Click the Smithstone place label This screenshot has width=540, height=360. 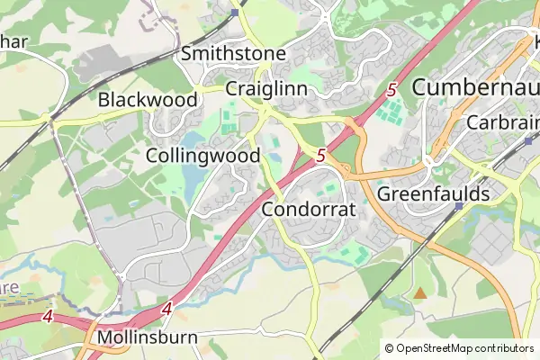coord(233,54)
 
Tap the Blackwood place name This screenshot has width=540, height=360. coord(148,99)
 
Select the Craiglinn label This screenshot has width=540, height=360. coord(266,89)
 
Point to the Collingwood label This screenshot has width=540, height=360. coord(202,156)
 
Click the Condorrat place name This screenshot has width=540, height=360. coord(310,210)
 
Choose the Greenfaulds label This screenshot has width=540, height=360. coord(434,193)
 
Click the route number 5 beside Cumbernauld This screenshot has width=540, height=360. coord(392,90)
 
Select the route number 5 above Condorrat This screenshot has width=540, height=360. coord(321,156)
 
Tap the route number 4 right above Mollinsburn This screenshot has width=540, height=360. coord(167,309)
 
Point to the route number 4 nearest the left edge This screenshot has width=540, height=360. coord(47,317)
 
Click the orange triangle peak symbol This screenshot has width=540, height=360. coord(420,292)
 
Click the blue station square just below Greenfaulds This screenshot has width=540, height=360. coord(459,207)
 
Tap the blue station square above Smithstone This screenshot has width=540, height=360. coord(234,13)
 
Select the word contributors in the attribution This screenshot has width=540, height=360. coord(505,348)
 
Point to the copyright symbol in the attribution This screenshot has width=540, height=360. coord(389,348)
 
